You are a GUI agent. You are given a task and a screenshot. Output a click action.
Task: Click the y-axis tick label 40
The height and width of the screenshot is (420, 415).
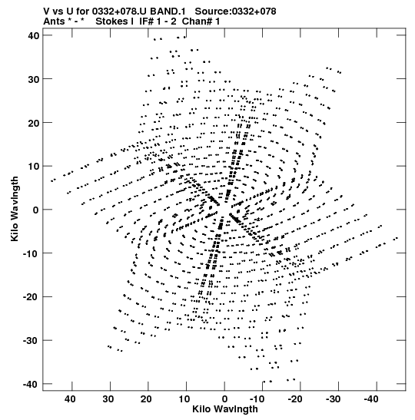(x=33, y=35)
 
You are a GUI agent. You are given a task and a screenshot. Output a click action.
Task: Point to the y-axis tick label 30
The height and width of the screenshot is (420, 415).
(x=33, y=79)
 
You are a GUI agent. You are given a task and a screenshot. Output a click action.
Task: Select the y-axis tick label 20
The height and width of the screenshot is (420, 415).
(x=33, y=123)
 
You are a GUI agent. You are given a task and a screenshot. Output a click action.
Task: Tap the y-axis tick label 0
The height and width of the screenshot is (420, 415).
(x=36, y=210)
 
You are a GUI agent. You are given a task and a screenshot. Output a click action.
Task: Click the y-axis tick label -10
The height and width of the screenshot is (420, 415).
(x=31, y=253)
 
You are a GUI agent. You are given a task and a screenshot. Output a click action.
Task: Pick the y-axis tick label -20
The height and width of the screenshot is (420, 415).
(x=31, y=297)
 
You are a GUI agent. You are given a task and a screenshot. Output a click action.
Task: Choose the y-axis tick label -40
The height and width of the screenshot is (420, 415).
(x=31, y=384)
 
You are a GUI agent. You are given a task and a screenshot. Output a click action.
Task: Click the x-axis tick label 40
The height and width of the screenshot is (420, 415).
(x=70, y=399)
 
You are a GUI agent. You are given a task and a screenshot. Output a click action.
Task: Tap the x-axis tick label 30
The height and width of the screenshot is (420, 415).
(x=108, y=399)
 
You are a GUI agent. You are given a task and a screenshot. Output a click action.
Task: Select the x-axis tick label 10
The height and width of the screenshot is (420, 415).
(x=184, y=399)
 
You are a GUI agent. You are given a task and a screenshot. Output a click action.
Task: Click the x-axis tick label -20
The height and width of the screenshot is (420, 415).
(x=296, y=399)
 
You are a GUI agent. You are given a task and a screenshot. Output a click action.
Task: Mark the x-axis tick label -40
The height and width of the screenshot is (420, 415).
(x=372, y=399)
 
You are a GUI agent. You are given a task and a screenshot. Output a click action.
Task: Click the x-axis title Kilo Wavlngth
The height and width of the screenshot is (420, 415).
(x=225, y=409)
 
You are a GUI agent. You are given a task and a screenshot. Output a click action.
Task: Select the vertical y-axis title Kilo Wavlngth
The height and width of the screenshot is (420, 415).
(x=15, y=209)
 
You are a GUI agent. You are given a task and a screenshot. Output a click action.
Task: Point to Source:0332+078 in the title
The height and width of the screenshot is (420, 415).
(x=235, y=12)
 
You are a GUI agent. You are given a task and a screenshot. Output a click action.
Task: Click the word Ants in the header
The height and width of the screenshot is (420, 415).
(x=54, y=21)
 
